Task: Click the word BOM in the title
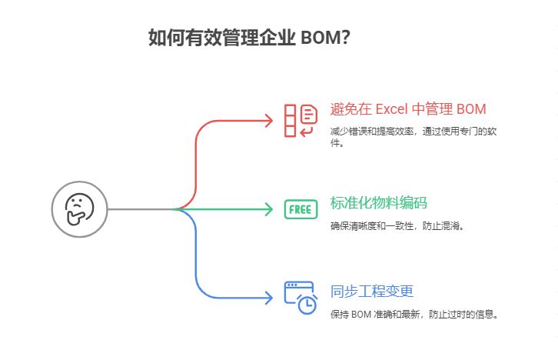pos(316,38)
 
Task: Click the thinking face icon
pos(79,208)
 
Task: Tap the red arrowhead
pos(269,120)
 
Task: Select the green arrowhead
pos(269,208)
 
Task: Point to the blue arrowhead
pos(269,298)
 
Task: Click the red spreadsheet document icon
pos(300,121)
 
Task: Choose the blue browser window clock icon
pos(301,297)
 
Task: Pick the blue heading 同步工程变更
pos(372,292)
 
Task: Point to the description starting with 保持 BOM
pos(414,314)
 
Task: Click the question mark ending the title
pos(347,38)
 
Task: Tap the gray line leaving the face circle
pos(138,208)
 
